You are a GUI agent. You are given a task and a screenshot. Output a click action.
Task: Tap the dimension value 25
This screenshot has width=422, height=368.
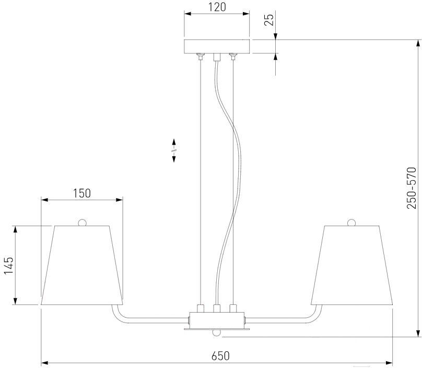click(269, 19)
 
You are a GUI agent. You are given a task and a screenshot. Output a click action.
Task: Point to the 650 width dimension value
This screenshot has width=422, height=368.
click(220, 355)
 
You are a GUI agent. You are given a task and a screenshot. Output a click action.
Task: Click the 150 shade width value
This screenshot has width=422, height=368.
click(81, 193)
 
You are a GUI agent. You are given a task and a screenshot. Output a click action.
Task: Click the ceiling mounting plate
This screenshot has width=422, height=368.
click(217, 46)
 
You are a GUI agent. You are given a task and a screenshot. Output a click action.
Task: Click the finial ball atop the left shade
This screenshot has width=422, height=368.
click(81, 222)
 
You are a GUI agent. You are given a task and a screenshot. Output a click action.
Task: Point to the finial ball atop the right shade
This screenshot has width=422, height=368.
click(352, 222)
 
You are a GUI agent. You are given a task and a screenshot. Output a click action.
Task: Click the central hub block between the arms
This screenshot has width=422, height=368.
click(217, 318)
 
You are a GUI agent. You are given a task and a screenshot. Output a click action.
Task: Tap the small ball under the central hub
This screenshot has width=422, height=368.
click(217, 333)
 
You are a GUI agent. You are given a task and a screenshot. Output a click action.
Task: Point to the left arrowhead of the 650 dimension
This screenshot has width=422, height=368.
click(44, 362)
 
